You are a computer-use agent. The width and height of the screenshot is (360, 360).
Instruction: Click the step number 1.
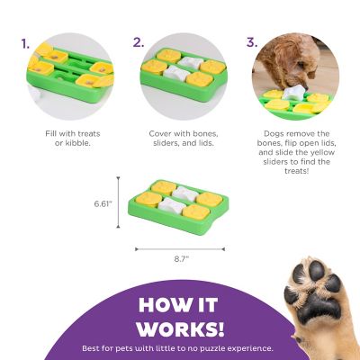25,42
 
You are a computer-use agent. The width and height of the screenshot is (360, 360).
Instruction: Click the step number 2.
138,42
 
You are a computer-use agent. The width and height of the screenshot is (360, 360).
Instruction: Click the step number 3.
252,42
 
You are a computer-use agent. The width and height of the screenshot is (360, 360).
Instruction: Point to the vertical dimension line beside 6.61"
128,204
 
